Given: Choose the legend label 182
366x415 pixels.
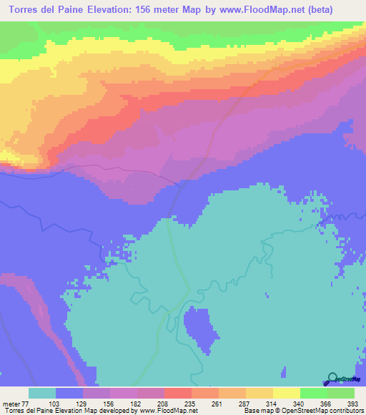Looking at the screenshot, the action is pos(136,404).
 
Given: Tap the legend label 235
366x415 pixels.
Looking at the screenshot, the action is pos(190,404).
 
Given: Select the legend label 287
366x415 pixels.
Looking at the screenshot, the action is pos(244,404).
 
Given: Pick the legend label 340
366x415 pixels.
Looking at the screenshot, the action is pos(299,404).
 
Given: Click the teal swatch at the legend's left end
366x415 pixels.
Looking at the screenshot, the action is pos(42,394).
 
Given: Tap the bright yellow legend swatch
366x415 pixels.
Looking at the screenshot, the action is pos(286,394).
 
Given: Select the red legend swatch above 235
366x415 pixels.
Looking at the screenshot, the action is pos(177,394).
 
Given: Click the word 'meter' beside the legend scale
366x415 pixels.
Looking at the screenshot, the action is pos(11,404).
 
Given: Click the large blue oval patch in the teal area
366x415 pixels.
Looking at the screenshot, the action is pos(199,329).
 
